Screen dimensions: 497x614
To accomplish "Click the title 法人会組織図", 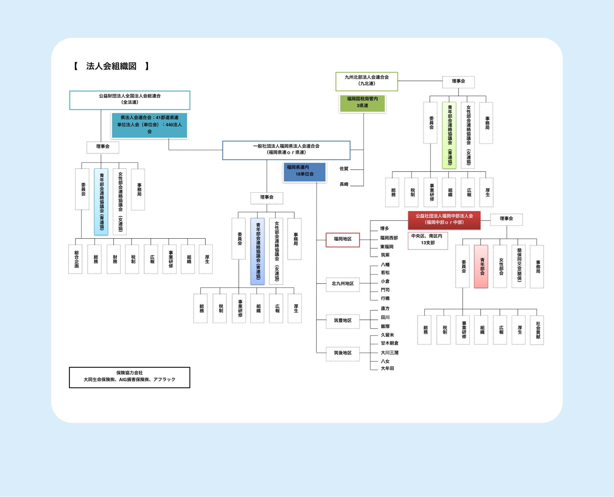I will pyautogui.click(x=111, y=66).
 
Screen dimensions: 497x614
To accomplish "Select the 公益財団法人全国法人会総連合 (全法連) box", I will pyautogui.click(x=129, y=100).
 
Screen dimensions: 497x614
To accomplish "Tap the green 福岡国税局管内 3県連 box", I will pyautogui.click(x=362, y=103).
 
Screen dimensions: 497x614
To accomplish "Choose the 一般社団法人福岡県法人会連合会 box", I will pyautogui.click(x=286, y=150).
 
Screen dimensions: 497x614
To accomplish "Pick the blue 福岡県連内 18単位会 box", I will pyautogui.click(x=304, y=172).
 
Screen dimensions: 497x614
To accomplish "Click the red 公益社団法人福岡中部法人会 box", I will pyautogui.click(x=444, y=220).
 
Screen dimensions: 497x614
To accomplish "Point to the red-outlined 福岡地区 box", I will pyautogui.click(x=343, y=239).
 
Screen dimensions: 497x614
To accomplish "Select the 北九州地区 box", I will pyautogui.click(x=343, y=284).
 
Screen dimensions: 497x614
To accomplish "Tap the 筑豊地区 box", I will pyautogui.click(x=343, y=321).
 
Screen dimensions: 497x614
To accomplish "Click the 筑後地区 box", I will pyautogui.click(x=343, y=353).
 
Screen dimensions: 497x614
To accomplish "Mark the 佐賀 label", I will pyautogui.click(x=344, y=169).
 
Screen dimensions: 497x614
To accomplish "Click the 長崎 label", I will pyautogui.click(x=344, y=184).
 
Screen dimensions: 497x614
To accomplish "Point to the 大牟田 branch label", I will pyautogui.click(x=387, y=368).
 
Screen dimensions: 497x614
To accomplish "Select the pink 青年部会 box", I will pyautogui.click(x=481, y=266).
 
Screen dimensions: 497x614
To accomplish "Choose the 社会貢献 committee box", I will pyautogui.click(x=537, y=330).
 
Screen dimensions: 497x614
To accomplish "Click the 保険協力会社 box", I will pyautogui.click(x=129, y=377).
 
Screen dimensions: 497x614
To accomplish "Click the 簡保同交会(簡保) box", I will pyautogui.click(x=518, y=266).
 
